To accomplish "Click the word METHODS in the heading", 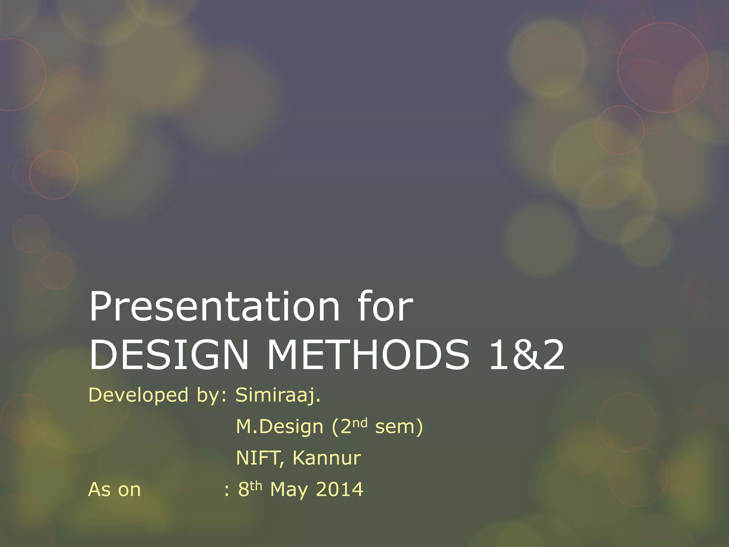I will pyautogui.click(x=368, y=355).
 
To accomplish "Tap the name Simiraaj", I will pyautogui.click(x=278, y=395).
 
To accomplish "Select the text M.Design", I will pyautogui.click(x=279, y=427).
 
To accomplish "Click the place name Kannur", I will pyautogui.click(x=326, y=458).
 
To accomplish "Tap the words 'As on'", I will pyautogui.click(x=114, y=489).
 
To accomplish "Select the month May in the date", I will pyautogui.click(x=289, y=490).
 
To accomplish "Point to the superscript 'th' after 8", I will pyautogui.click(x=256, y=485).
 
